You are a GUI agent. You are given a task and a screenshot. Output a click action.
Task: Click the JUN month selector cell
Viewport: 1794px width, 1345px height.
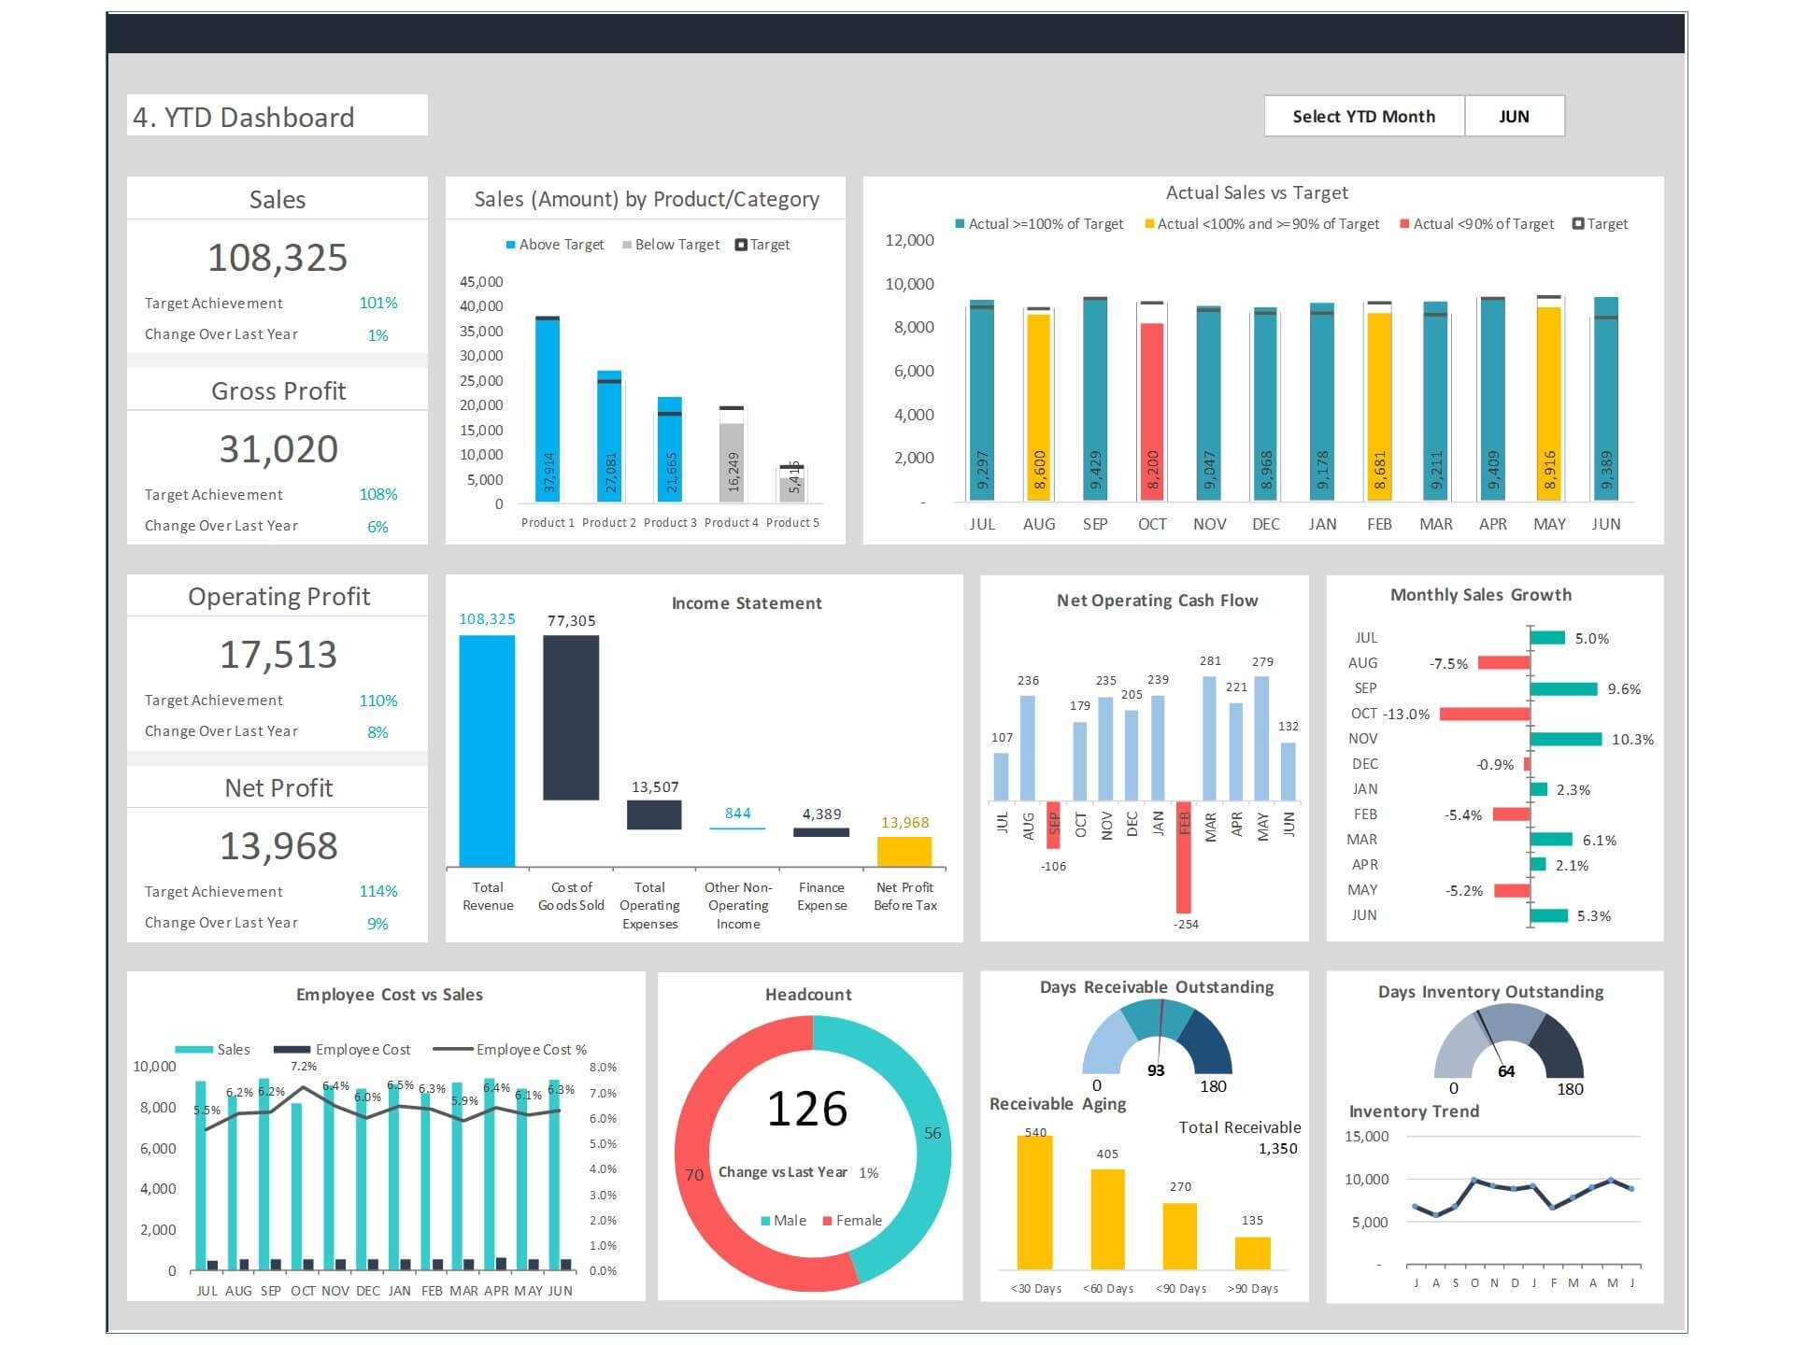click(1514, 117)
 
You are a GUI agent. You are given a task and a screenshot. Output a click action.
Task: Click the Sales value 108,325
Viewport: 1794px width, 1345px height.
click(278, 258)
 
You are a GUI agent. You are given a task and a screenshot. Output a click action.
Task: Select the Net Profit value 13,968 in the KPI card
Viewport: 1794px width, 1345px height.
click(278, 846)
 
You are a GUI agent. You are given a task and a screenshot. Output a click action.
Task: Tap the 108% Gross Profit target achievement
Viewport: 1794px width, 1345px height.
click(377, 494)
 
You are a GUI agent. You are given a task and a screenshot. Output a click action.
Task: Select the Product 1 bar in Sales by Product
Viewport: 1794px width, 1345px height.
click(548, 411)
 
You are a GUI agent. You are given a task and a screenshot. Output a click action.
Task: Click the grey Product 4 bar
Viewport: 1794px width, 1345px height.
click(732, 462)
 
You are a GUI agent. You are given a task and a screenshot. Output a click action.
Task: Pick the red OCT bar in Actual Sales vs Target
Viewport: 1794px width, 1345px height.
click(1152, 411)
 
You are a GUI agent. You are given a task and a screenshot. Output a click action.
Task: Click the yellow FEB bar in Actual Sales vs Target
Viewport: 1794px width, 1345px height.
click(1379, 406)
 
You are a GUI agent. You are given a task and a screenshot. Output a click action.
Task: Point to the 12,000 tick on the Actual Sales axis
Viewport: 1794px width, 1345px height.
click(909, 240)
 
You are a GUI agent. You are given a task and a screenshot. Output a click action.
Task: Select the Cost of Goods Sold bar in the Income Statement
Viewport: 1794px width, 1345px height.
click(571, 717)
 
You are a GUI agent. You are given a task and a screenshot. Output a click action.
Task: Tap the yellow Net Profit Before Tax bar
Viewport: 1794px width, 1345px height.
click(904, 851)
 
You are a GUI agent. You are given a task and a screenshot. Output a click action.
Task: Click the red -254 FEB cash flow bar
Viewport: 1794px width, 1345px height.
click(1184, 857)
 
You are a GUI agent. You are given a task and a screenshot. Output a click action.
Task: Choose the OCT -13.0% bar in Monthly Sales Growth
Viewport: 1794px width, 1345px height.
click(1485, 714)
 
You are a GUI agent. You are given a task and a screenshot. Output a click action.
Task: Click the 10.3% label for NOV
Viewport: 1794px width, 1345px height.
click(1632, 739)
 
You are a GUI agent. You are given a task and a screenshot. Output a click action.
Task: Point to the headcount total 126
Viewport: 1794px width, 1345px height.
click(807, 1109)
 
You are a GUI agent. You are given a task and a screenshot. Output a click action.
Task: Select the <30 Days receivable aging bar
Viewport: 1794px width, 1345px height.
click(1034, 1201)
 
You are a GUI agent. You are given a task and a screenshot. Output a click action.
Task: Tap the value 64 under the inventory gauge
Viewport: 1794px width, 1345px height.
click(1506, 1071)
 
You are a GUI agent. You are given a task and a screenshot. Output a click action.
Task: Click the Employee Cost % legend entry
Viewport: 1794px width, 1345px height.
click(531, 1050)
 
